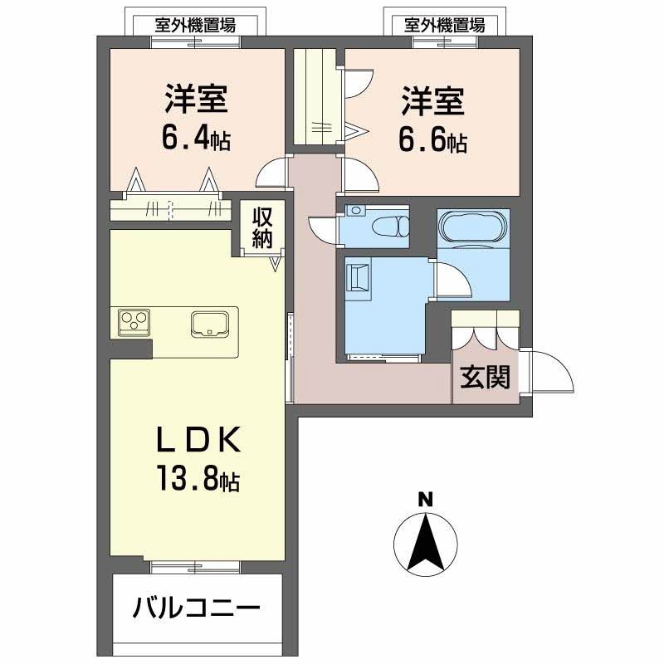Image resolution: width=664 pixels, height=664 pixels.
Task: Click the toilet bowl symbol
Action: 390,225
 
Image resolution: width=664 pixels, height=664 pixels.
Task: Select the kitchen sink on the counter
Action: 210,325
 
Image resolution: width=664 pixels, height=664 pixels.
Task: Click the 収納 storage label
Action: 262,229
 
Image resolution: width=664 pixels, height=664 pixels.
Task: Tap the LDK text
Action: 198,439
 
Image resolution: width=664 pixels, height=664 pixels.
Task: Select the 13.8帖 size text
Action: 198,478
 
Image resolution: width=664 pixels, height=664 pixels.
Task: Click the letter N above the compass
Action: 426,500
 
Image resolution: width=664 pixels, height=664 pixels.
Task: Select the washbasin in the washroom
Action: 359,276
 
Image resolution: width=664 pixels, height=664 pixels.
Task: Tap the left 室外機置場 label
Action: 195,26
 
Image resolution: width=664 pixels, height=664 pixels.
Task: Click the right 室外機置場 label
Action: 445,26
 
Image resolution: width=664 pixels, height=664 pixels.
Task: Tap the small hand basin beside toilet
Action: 355,210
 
